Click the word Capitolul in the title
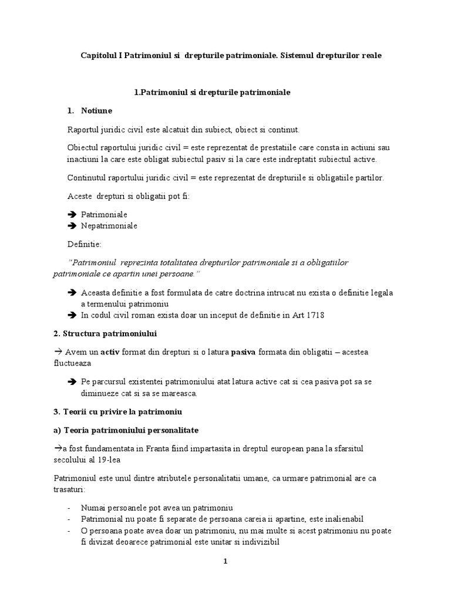pyautogui.click(x=98, y=55)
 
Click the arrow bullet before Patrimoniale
pyautogui.click(x=72, y=215)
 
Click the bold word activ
pyautogui.click(x=110, y=352)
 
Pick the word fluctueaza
pyautogui.click(x=74, y=363)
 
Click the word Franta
pyautogui.click(x=158, y=449)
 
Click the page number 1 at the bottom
pyautogui.click(x=225, y=561)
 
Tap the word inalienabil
pyautogui.click(x=341, y=519)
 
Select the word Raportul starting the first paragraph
pyautogui.click(x=84, y=129)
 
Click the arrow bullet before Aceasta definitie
pyautogui.click(x=72, y=292)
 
